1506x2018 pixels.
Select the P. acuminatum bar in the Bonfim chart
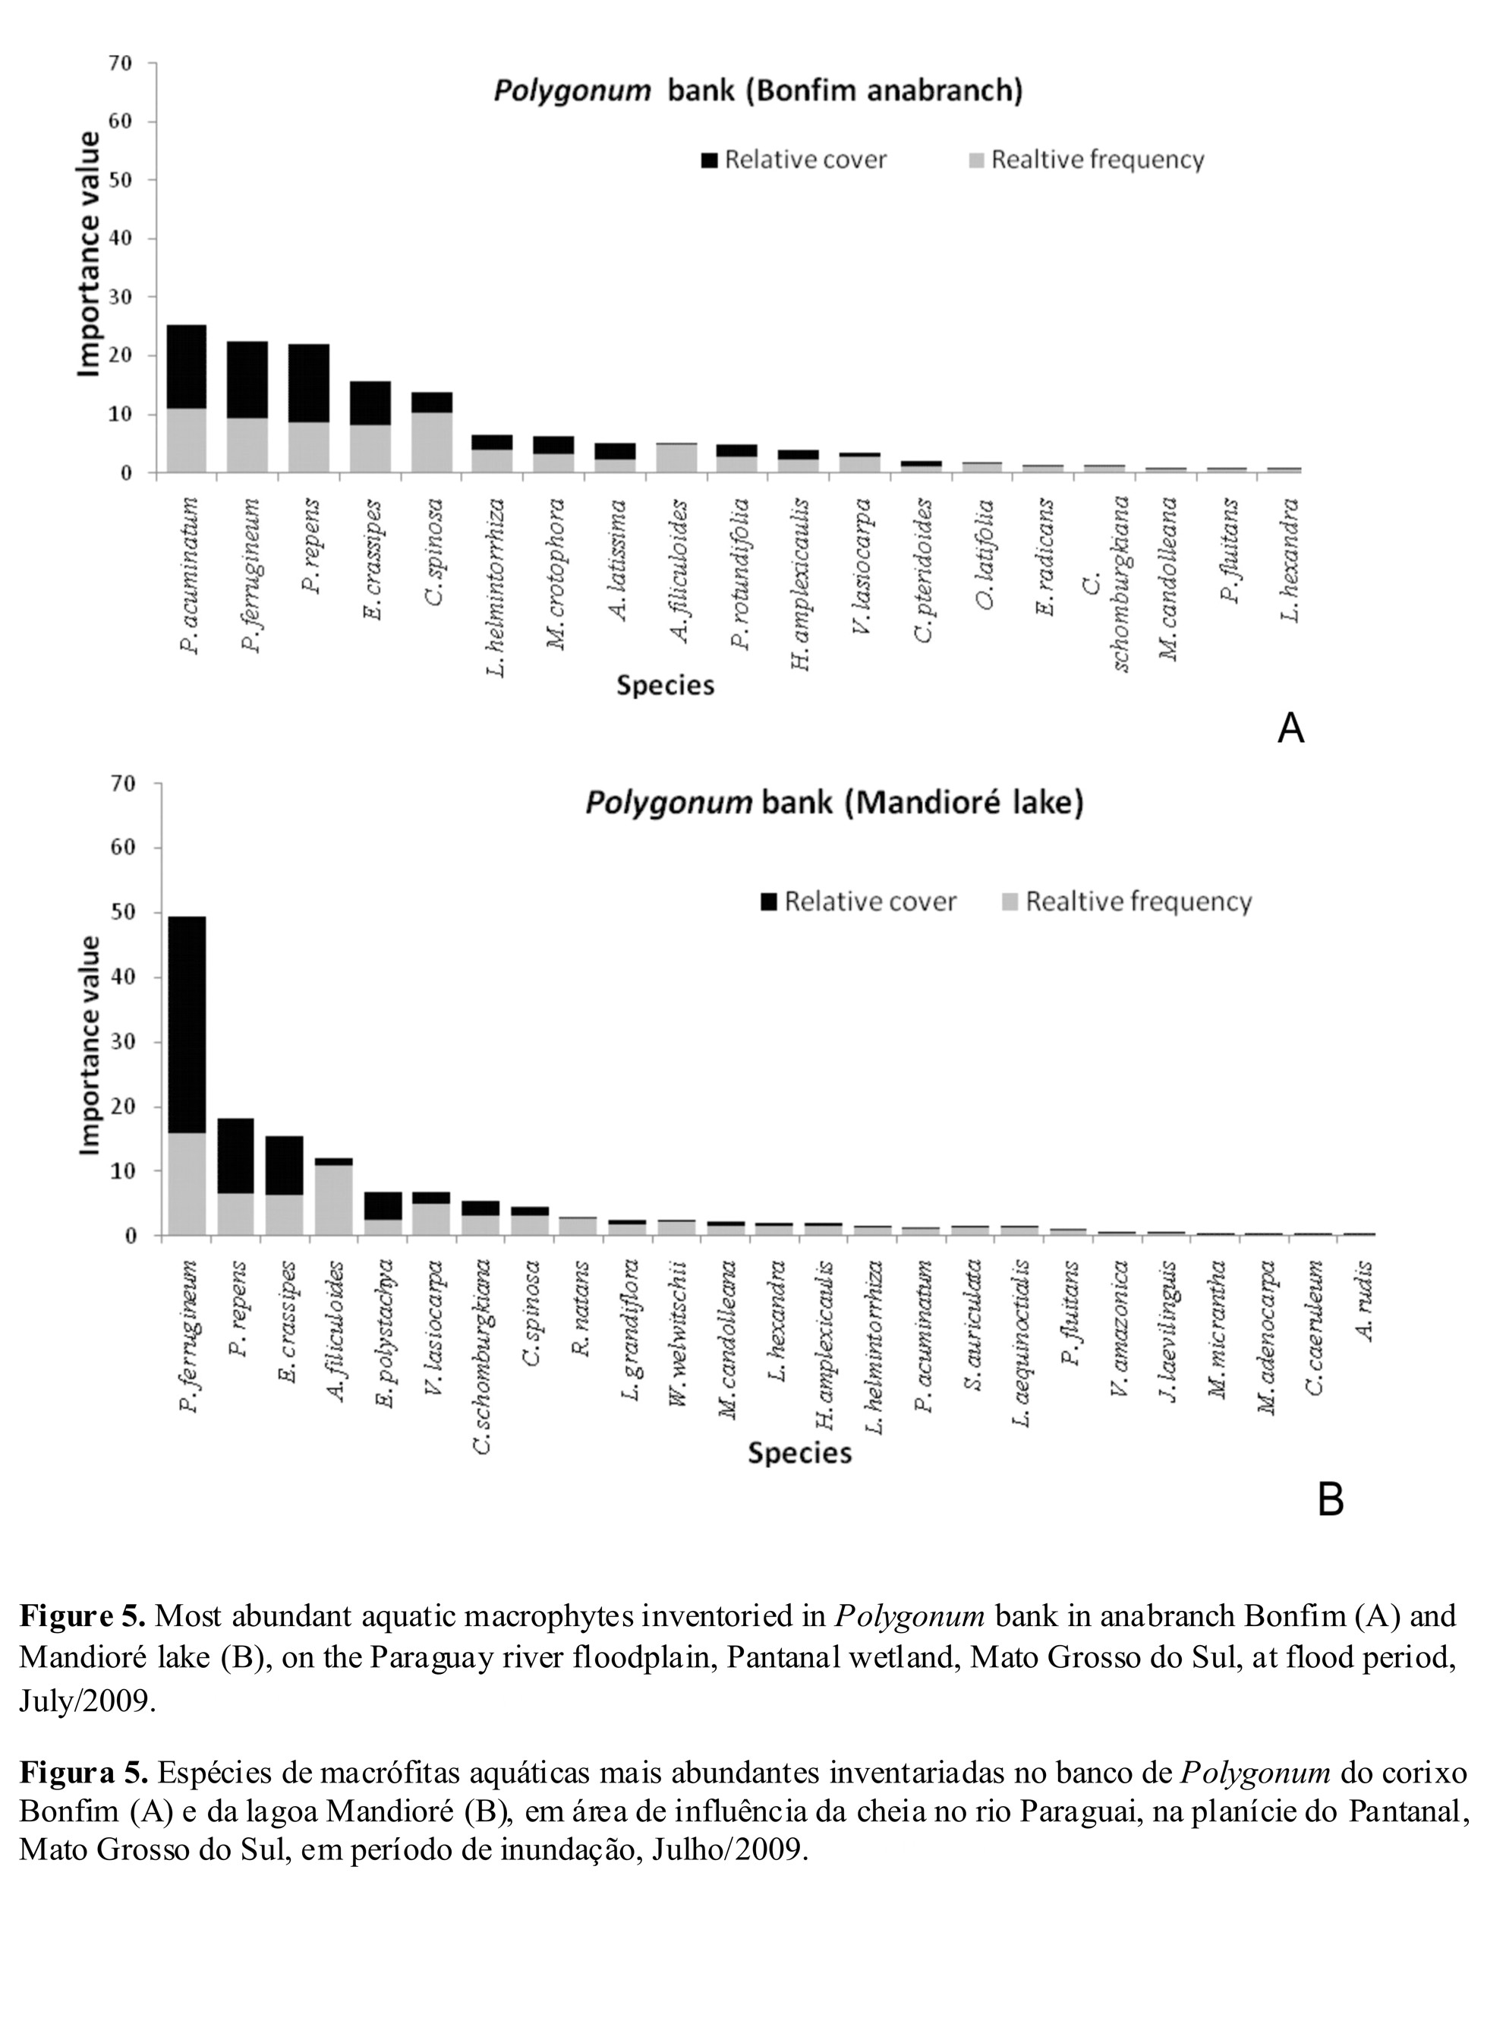[x=187, y=399]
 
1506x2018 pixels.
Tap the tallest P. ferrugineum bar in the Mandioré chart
[x=187, y=1076]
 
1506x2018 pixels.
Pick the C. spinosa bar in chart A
[x=432, y=432]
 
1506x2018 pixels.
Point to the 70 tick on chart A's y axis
[x=121, y=63]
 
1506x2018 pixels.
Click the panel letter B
[x=1330, y=1499]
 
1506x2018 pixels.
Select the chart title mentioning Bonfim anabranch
[x=758, y=90]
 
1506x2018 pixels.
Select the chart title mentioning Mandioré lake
[x=833, y=803]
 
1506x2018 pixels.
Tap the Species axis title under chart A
[x=665, y=685]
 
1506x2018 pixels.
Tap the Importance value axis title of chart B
[x=90, y=1045]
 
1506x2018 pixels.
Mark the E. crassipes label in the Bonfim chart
[x=372, y=559]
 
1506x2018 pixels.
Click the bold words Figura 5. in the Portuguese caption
[x=83, y=1772]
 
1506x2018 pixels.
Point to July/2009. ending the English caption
[x=87, y=1701]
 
